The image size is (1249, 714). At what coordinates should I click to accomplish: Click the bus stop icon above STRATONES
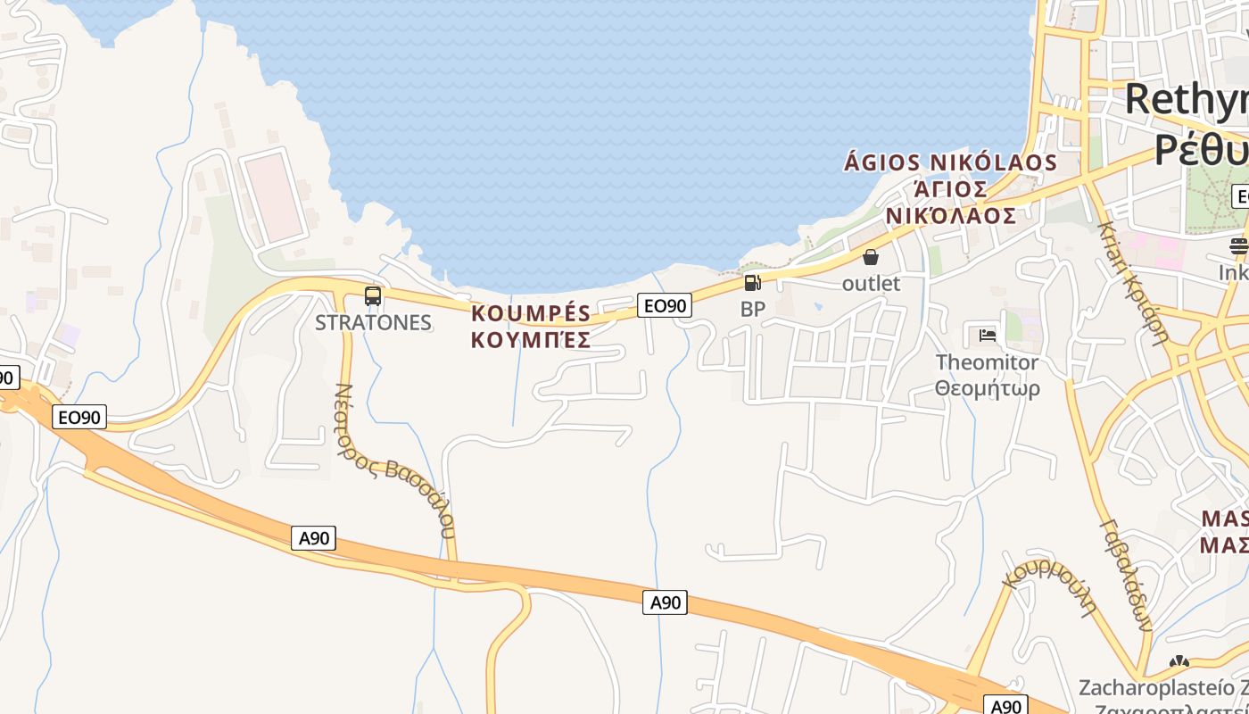pos(373,296)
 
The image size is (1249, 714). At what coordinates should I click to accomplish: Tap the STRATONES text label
pos(373,322)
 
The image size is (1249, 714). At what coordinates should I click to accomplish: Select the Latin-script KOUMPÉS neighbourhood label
pos(531,313)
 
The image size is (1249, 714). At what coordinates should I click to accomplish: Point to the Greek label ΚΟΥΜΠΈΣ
pos(531,339)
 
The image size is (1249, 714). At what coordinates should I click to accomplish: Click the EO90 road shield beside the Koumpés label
pos(665,306)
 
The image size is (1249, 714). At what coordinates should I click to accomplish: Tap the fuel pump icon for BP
pos(753,283)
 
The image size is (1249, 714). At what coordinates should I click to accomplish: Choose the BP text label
pos(753,309)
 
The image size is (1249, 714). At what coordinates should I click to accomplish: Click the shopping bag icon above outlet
pos(871,257)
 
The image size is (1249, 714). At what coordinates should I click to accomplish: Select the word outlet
pos(872,283)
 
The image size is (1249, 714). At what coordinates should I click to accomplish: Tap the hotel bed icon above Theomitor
pos(987,336)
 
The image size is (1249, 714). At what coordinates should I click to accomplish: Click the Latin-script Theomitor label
pos(987,362)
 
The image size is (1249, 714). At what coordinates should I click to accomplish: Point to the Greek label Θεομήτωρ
pos(987,388)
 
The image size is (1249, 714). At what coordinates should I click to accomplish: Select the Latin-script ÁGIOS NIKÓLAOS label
pos(950,162)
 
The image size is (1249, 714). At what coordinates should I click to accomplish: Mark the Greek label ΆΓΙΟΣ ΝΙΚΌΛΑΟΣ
pos(951,203)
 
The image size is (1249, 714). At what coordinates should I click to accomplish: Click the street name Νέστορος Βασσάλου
pos(394,461)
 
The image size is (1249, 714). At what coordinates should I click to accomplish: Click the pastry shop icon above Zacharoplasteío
pos(1179,662)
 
